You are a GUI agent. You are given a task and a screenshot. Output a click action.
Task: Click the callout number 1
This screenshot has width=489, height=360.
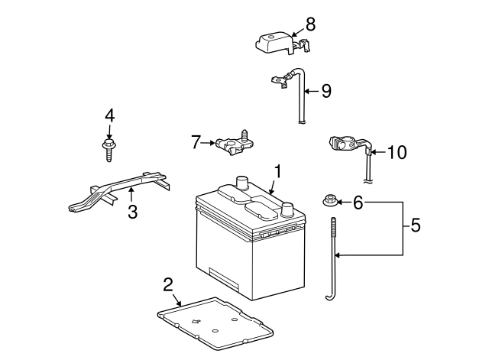tap(278, 173)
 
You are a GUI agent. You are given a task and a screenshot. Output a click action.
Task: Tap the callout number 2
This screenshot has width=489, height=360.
tap(168, 285)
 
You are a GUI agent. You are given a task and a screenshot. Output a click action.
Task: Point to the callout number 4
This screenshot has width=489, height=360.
tap(110, 115)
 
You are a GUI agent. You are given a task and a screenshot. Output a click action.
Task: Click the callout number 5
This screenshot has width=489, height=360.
tap(416, 225)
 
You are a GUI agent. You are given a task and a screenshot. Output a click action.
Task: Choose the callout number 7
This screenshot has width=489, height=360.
tap(196, 141)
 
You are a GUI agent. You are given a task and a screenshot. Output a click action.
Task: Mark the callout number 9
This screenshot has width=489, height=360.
tap(325, 91)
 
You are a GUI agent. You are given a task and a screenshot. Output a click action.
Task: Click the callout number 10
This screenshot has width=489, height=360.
tap(397, 153)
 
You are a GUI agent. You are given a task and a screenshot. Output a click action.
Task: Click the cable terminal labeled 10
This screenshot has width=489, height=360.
tap(344, 144)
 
